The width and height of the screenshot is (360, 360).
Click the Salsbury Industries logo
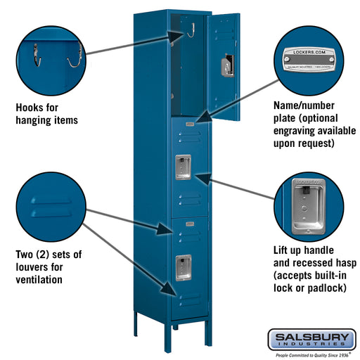[x=311, y=340]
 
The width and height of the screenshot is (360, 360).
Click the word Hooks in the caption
[x=31, y=108]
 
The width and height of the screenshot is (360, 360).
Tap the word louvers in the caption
[x=32, y=267]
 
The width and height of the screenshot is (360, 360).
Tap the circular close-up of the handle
[x=307, y=207]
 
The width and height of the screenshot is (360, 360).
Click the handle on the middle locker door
[x=183, y=165]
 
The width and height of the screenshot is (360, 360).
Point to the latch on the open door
[x=226, y=65]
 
